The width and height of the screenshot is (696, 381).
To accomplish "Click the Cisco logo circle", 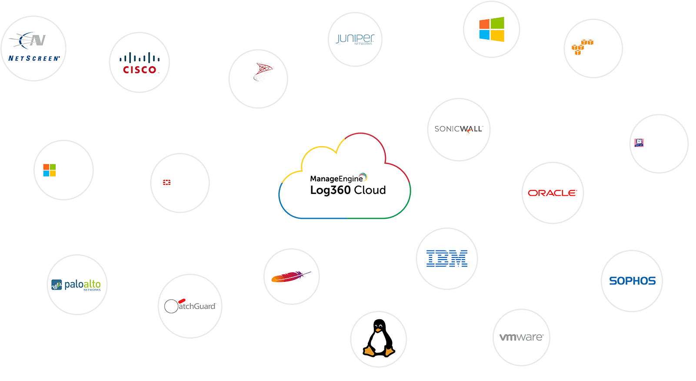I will (x=139, y=63).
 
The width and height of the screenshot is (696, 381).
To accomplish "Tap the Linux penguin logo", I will (x=379, y=339).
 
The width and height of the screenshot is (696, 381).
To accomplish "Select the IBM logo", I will (x=447, y=259).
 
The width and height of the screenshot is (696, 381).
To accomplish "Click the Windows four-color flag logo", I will (x=492, y=29).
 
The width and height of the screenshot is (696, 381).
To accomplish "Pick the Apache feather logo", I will (x=291, y=277).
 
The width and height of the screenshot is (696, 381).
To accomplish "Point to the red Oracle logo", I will (x=553, y=193).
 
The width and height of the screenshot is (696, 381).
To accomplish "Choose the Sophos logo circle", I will (x=632, y=281).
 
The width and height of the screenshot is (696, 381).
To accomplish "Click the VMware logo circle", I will (x=521, y=338).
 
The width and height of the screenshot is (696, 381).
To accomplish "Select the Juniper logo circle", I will (x=355, y=40).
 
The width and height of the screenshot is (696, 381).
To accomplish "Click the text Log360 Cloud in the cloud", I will (x=348, y=190).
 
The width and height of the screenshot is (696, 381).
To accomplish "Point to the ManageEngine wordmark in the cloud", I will (x=336, y=178).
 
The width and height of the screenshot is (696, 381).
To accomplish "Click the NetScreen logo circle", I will (x=33, y=48).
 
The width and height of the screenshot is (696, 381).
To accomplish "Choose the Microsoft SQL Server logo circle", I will (x=258, y=79).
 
